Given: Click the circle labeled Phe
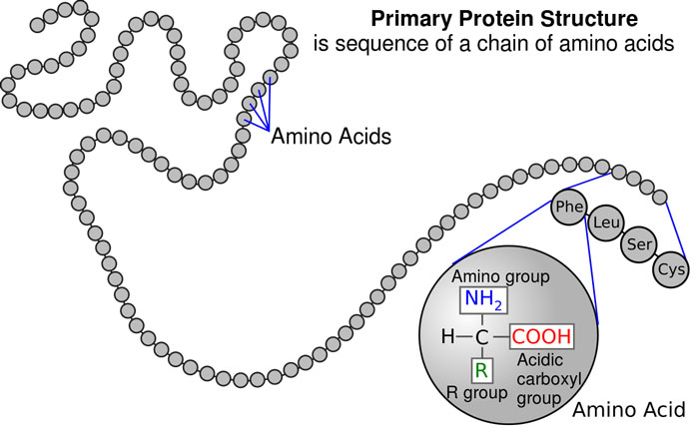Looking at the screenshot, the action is click(569, 207).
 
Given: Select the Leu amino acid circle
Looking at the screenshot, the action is click(606, 222).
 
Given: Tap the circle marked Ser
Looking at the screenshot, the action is click(639, 244).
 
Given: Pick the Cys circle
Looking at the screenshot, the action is click(671, 269).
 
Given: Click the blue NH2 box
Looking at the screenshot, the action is click(483, 299).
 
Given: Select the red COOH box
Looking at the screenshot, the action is click(541, 336).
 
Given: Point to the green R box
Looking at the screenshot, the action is click(481, 370).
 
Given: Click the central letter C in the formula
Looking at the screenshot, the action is click(481, 337).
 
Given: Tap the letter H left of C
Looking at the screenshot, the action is click(447, 336).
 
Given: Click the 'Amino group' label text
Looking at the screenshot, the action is click(500, 277).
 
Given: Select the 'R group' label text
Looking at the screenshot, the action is click(477, 393).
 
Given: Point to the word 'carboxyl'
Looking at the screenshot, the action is click(549, 379).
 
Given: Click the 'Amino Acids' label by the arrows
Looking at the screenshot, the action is click(331, 137).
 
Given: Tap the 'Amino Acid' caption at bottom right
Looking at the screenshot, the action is click(628, 409).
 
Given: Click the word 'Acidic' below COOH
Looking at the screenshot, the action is click(540, 359).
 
